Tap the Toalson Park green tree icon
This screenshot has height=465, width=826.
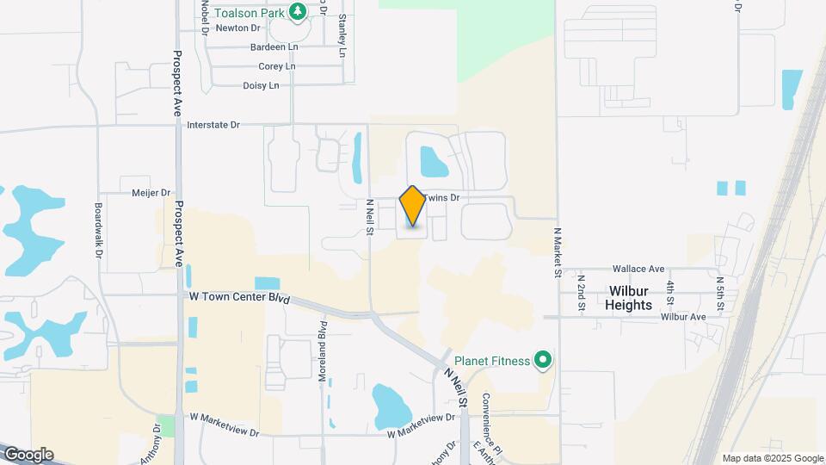coord(298,11)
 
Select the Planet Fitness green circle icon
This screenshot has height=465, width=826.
coord(542,360)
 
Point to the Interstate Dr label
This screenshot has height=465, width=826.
coord(213,125)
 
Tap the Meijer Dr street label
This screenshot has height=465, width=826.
coord(151,193)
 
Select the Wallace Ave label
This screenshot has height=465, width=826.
coord(638,270)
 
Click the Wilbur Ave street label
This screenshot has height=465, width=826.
coord(683,317)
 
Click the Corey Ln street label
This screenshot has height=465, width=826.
coord(276,66)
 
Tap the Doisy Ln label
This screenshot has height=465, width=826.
coord(262,85)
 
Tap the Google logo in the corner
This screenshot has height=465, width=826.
coord(28,455)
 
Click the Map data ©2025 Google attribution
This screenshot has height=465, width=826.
coord(772,458)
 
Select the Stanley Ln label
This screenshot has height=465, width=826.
coord(342,34)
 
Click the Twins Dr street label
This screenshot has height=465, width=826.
coord(443,198)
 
